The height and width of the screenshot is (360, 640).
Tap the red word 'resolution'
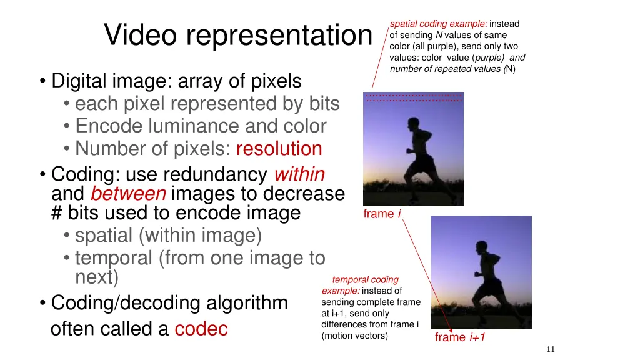[x=279, y=149]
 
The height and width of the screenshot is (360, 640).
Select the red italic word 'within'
[x=299, y=173]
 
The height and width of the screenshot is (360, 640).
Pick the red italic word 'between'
[x=127, y=193]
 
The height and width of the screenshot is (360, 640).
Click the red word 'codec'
[x=201, y=329]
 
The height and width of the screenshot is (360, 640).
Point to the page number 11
[x=550, y=349]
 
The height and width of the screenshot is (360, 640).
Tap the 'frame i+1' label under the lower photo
[x=460, y=337]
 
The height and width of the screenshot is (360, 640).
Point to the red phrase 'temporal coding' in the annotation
[x=365, y=280]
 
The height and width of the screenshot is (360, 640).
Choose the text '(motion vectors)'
[x=354, y=336]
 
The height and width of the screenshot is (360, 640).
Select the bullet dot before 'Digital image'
[x=42, y=82]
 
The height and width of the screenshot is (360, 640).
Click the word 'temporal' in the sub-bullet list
[x=116, y=257]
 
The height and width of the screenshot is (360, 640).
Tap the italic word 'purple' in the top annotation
[x=491, y=57]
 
